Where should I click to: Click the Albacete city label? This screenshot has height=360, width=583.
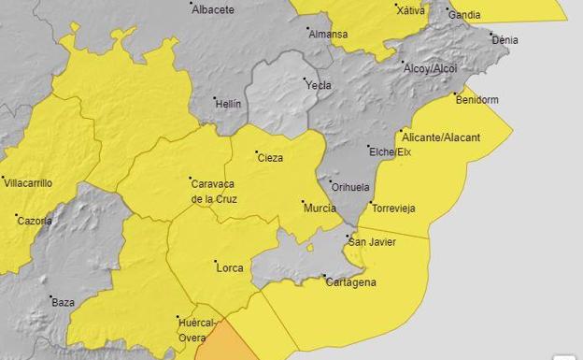(x=212, y=9)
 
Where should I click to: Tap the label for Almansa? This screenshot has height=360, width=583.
(x=329, y=35)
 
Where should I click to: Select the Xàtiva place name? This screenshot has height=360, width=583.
(x=410, y=10)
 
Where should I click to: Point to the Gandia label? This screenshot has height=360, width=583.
(x=464, y=15)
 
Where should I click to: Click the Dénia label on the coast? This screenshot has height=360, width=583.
(x=505, y=40)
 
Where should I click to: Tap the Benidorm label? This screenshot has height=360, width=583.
(x=477, y=99)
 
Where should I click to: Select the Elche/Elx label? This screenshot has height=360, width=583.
(x=390, y=151)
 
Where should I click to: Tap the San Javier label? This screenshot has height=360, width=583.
(x=372, y=242)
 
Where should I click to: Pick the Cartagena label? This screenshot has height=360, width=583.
(x=352, y=282)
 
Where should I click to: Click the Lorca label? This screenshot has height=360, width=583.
(x=230, y=268)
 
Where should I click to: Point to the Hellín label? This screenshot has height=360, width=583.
(x=230, y=104)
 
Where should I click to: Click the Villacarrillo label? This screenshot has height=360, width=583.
(x=29, y=183)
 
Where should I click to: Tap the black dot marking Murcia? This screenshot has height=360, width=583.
(x=304, y=202)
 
